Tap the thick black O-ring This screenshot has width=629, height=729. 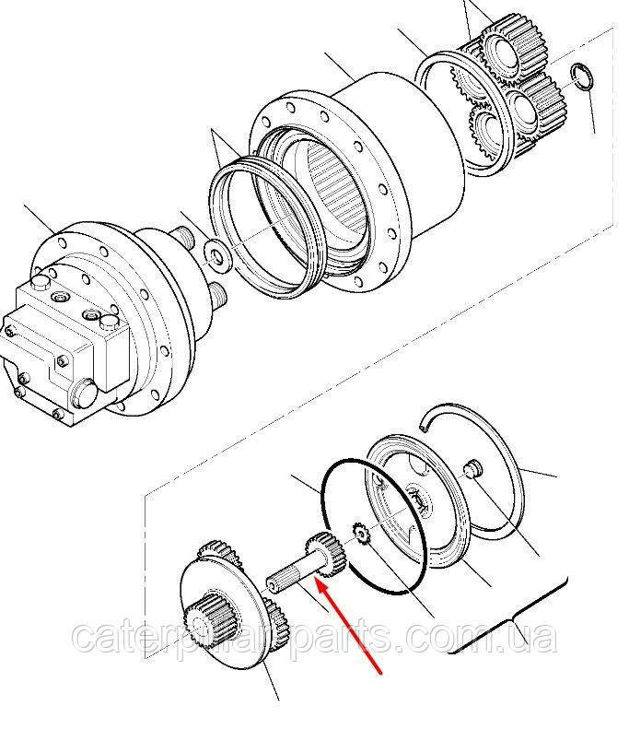375,527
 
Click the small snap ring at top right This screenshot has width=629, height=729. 582,76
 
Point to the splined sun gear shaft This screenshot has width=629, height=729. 307,561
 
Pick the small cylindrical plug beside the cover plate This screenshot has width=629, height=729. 473,466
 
